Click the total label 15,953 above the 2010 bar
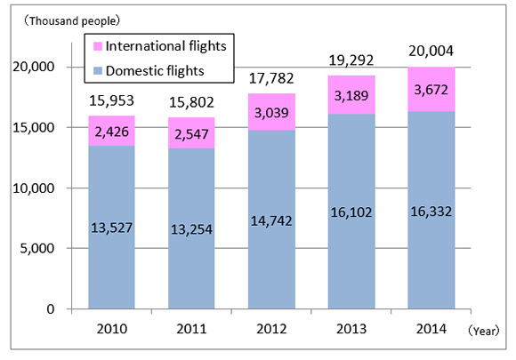coord(111,100)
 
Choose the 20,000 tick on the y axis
coord(36,68)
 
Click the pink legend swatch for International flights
coord(97,44)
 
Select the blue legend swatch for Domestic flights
coord(97,68)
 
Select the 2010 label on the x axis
coord(111,329)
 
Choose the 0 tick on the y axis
coord(51,309)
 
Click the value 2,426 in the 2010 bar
coord(111,131)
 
